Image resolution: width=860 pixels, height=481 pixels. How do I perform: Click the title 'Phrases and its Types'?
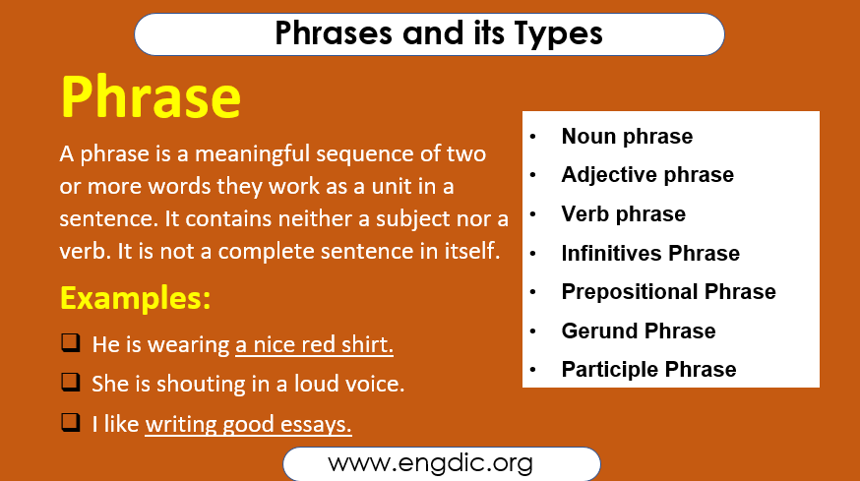point(438,33)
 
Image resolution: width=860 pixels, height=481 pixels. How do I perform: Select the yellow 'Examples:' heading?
point(136,297)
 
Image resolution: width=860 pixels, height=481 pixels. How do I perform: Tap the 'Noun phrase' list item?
point(627,137)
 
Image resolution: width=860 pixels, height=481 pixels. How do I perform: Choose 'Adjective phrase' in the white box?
point(647,175)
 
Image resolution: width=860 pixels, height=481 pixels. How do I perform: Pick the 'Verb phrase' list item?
point(623,214)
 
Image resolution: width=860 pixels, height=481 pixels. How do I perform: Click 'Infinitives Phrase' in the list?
point(650,253)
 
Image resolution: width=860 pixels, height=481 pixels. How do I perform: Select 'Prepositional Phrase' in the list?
point(668,292)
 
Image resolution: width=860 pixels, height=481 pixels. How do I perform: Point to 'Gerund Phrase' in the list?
point(639,331)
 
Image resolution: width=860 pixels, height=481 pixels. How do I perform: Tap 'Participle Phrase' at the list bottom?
point(648,370)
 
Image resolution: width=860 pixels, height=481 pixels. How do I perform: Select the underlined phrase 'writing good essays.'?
point(249,425)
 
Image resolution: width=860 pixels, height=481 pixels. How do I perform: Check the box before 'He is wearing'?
point(70,343)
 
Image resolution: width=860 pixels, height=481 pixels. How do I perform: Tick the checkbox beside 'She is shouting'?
point(70,383)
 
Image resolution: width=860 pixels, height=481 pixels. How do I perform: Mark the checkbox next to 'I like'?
point(70,423)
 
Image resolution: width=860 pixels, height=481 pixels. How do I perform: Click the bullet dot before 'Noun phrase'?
point(533,138)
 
